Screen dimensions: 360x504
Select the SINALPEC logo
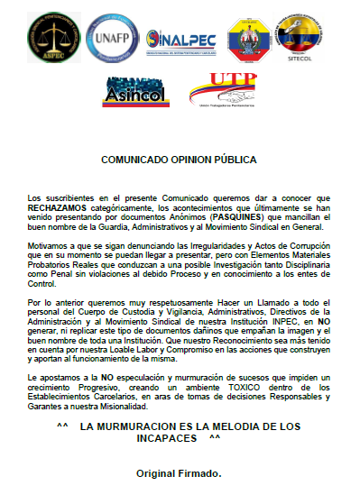pyautogui.click(x=179, y=38)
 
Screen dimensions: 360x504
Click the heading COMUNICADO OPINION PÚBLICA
pyautogui.click(x=179, y=160)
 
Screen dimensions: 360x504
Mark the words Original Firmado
pyautogui.click(x=179, y=472)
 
